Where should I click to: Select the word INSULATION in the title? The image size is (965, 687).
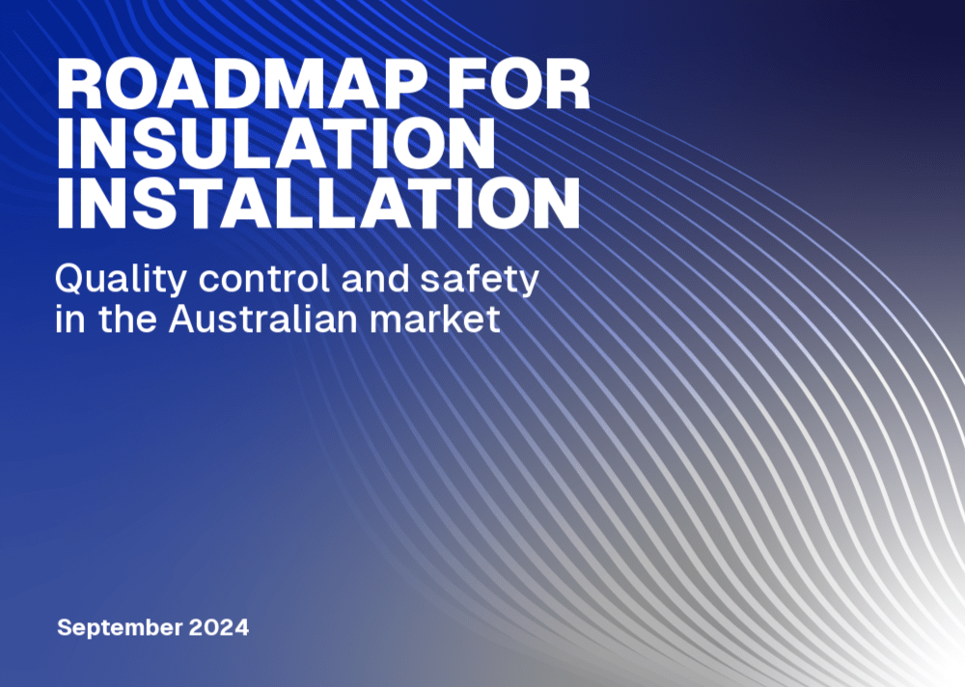276,143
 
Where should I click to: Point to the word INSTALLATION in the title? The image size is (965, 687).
318,203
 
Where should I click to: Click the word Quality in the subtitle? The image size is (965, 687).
121,280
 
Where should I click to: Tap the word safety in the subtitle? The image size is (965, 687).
480,280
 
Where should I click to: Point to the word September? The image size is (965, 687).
120,628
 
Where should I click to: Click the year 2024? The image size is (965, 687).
219,627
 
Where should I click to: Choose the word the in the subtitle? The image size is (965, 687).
127,318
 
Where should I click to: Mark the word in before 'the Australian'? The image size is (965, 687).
70,318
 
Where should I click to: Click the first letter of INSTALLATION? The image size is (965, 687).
64,203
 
